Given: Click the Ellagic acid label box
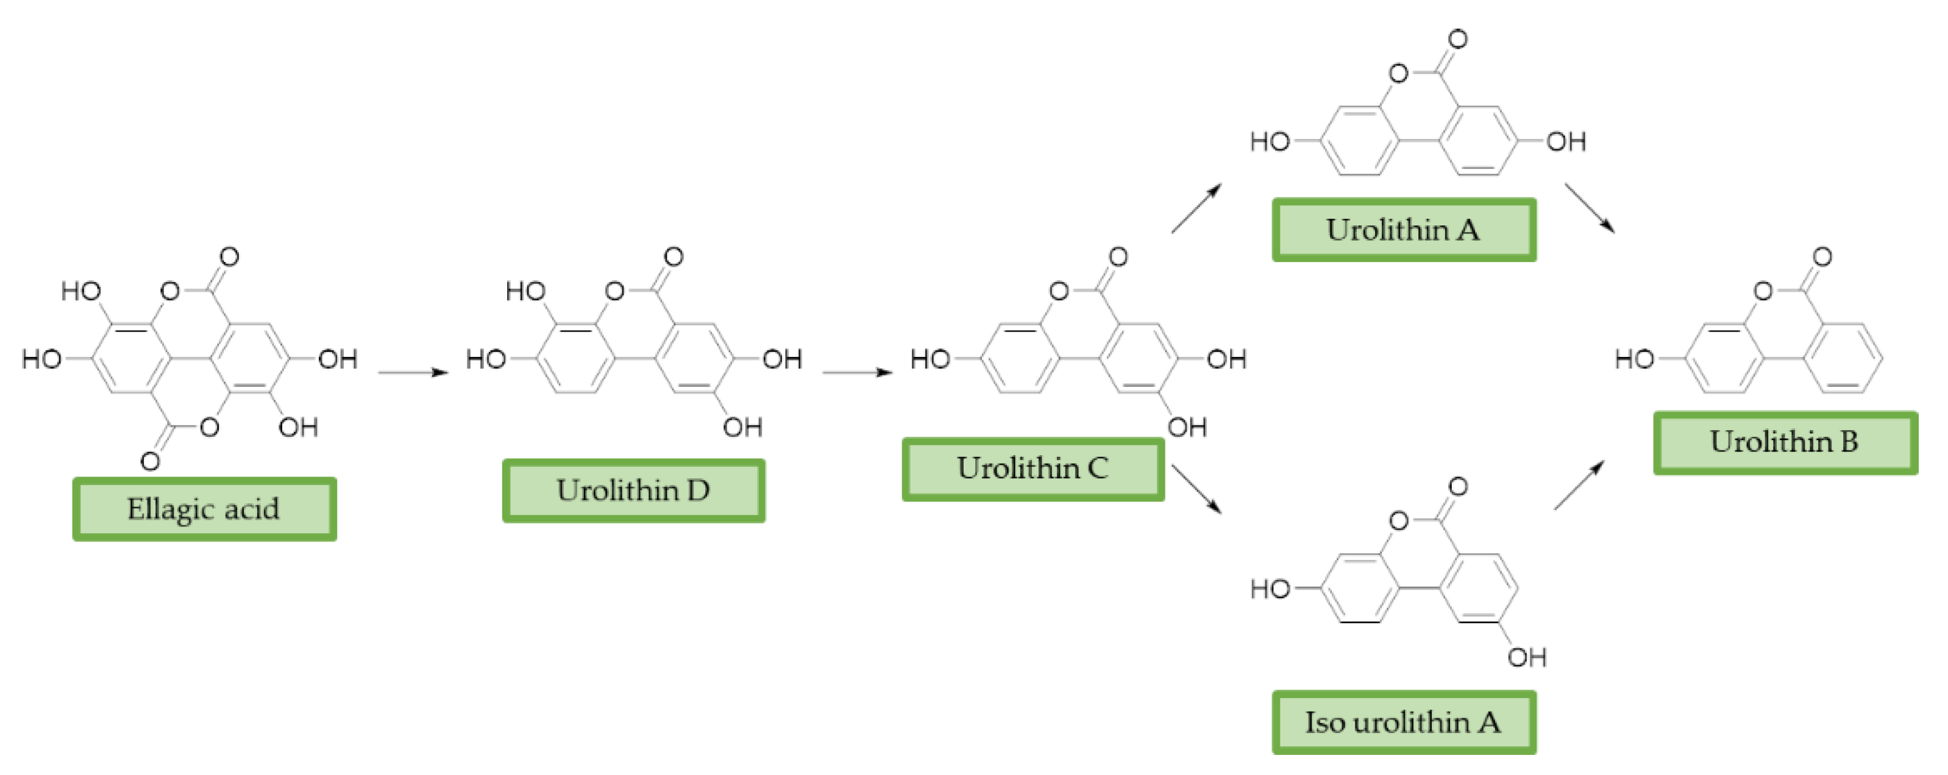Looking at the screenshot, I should click(x=204, y=509).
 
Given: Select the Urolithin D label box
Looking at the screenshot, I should click(x=634, y=490).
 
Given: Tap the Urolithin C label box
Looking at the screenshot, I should click(x=1033, y=469).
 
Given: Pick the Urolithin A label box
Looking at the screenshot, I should click(x=1404, y=230).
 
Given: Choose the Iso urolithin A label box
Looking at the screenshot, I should click(x=1404, y=722).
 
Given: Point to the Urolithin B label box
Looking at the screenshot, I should click(x=1785, y=442).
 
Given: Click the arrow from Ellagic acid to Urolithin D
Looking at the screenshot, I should click(x=413, y=372).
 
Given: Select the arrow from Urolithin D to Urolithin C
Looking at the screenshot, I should click(x=857, y=372).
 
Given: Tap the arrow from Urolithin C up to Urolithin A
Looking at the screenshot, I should click(x=1196, y=208).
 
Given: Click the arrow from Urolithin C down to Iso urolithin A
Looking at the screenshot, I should click(x=1196, y=489).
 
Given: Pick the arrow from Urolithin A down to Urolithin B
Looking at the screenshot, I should click(x=1590, y=208).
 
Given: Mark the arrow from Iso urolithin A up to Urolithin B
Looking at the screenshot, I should click(x=1579, y=486).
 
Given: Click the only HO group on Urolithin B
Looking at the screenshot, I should click(x=1635, y=359).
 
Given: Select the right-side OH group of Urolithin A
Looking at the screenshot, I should click(x=1565, y=141).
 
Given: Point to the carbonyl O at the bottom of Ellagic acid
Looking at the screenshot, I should click(x=151, y=461).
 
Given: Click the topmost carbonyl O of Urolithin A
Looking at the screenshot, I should click(x=1457, y=40).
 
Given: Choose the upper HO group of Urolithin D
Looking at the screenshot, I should click(x=525, y=291).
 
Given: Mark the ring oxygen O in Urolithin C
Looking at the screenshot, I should click(x=1059, y=291).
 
